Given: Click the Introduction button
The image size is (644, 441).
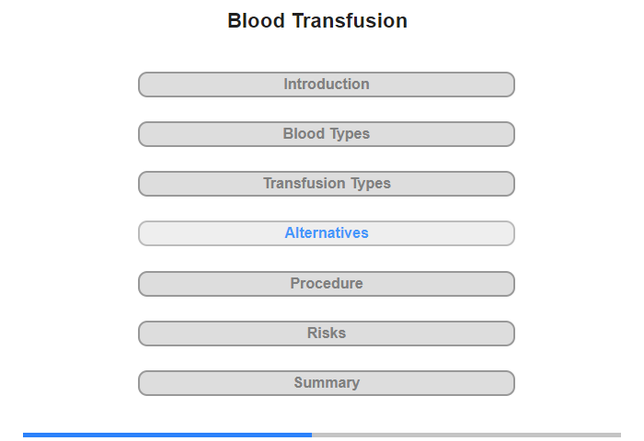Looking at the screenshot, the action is [326, 85].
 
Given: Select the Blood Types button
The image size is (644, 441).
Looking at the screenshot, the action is [326, 134].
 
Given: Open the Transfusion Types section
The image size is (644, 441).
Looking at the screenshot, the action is [326, 184].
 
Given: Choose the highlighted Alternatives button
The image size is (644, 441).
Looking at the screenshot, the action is [326, 233].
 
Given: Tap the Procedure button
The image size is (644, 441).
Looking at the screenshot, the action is [326, 284].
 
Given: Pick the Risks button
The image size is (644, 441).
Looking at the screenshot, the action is [326, 334].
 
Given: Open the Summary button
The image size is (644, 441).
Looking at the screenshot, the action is [326, 383].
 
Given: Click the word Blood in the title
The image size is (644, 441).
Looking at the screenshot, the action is [257, 20].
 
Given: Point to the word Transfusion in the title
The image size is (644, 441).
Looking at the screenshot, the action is [350, 20].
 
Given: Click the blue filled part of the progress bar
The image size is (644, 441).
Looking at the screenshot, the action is [167, 435].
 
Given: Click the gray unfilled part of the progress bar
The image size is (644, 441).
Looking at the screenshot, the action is [466, 435].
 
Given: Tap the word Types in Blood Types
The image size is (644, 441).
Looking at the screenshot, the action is [350, 134].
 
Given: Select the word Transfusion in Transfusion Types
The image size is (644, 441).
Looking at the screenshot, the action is [304, 184].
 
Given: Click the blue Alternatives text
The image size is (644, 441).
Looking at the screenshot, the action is [327, 233].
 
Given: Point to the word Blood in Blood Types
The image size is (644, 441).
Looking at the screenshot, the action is [304, 134].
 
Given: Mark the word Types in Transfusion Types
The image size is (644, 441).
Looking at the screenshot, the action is [371, 184].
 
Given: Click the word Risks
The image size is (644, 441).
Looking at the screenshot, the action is [327, 333].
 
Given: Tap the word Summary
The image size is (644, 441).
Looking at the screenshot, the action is [327, 383].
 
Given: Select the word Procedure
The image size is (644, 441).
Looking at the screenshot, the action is [327, 283].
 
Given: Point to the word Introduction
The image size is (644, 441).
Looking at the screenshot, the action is [327, 85].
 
